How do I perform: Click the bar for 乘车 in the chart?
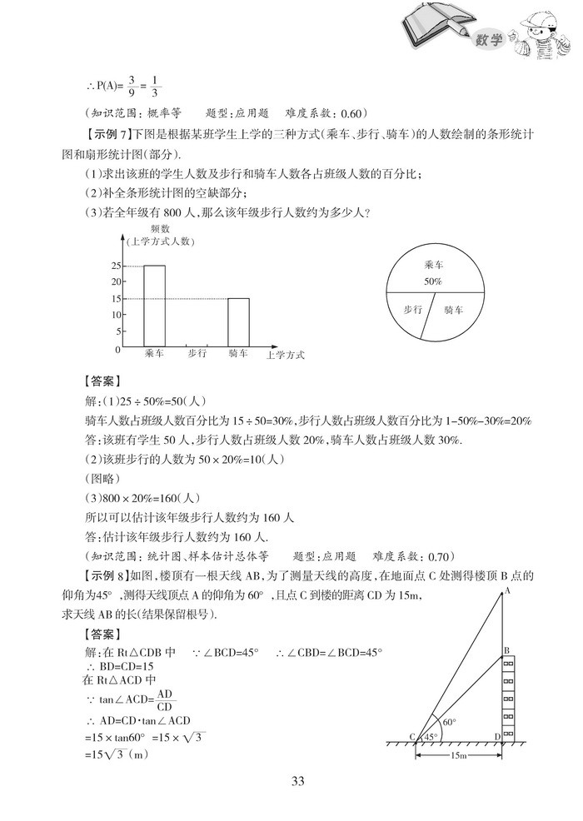point(154,305)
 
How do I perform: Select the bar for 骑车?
point(238,321)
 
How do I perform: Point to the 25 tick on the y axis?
point(115,266)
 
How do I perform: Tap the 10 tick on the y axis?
point(115,314)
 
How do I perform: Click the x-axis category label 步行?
point(197,354)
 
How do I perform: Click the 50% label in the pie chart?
point(432,281)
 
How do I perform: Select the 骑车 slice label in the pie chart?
point(454,310)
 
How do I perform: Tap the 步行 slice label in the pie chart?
point(412,310)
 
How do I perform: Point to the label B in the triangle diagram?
point(506,649)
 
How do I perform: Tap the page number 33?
point(291,780)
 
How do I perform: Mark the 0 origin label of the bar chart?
point(117,350)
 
